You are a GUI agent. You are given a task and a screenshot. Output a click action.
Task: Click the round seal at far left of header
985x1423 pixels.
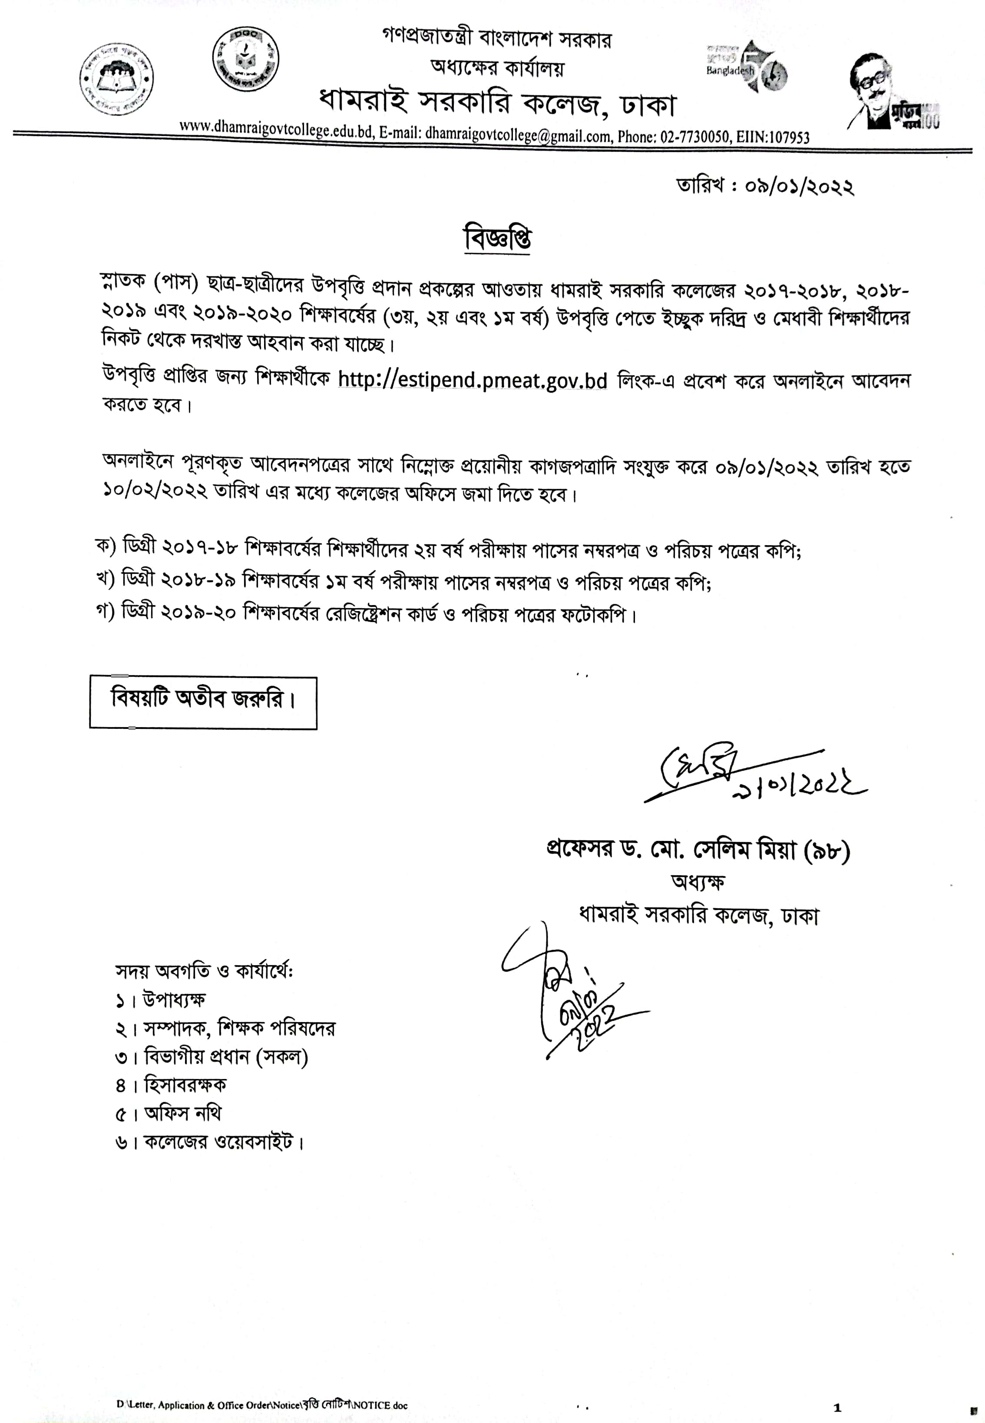click(x=117, y=79)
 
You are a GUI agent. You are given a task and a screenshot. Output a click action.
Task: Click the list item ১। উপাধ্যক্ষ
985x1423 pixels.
click(x=160, y=999)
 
